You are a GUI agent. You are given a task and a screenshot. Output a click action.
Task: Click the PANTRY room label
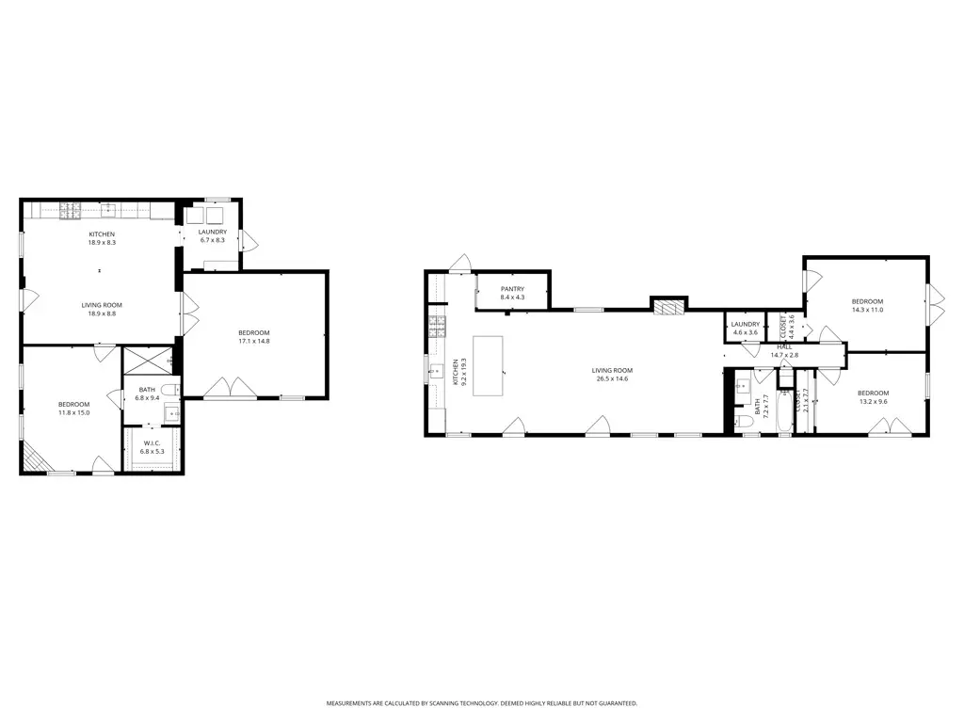tap(512, 289)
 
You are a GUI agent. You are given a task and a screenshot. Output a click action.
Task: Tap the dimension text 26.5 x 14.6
tap(612, 378)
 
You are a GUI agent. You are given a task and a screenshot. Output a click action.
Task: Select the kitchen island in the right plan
tap(489, 365)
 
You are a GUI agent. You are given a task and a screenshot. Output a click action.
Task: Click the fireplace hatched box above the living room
tap(668, 306)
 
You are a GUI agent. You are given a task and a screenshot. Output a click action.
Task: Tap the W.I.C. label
tap(153, 443)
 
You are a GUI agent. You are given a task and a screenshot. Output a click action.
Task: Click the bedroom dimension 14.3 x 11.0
tap(867, 309)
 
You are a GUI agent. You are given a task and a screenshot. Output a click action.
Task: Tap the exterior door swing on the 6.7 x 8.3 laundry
tap(249, 240)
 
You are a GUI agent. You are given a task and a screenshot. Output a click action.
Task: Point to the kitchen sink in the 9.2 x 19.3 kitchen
tap(436, 370)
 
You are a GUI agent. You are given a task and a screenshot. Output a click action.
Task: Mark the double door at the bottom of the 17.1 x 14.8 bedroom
tap(231, 388)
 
